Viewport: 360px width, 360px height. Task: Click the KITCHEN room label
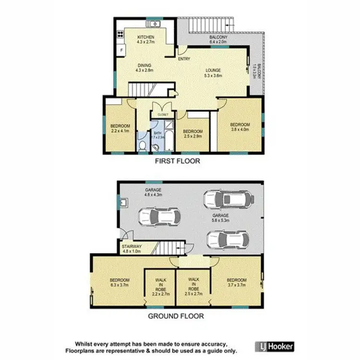[x=146, y=40]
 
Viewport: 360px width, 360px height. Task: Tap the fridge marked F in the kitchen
[x=122, y=49]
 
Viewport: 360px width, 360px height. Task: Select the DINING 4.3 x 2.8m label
[x=145, y=68]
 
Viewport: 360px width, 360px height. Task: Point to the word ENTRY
[x=184, y=59]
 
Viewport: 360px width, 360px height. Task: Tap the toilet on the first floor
[x=143, y=146]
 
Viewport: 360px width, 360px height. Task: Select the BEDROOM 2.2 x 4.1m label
[x=120, y=129]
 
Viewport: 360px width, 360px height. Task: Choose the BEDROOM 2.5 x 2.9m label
[x=193, y=134]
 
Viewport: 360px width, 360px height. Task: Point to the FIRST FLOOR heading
[x=177, y=161]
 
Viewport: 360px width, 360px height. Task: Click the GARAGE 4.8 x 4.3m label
[x=153, y=193]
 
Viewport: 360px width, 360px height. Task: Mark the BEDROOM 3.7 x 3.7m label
[x=237, y=283]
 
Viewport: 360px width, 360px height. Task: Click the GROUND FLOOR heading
[x=176, y=316]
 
